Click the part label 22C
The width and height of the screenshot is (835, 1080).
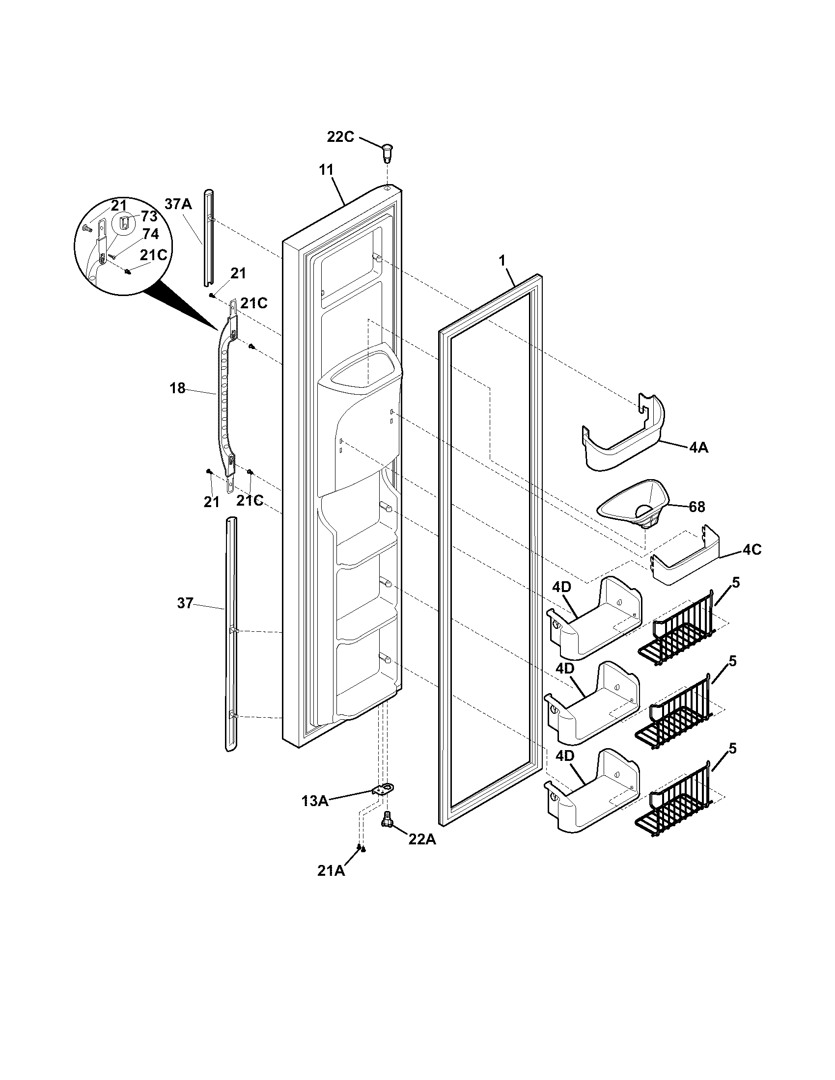click(x=340, y=136)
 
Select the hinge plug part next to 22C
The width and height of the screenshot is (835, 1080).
click(x=387, y=151)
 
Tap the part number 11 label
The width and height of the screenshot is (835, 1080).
click(x=326, y=170)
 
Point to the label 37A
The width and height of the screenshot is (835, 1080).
click(x=178, y=204)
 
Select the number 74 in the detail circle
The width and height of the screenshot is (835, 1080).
click(x=150, y=234)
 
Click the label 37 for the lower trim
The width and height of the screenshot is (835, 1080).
click(x=185, y=603)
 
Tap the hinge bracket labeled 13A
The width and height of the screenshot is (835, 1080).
click(x=382, y=790)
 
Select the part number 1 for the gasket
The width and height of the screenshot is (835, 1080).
click(x=502, y=261)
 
